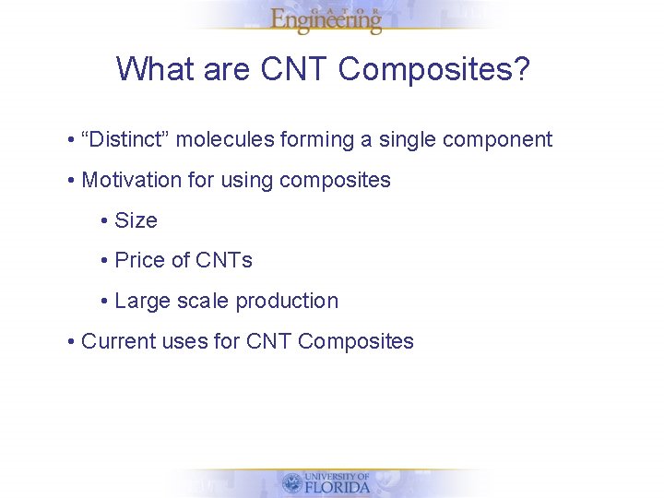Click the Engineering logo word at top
coord(326,21)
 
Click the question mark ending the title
coord(522,69)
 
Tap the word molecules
coord(224,139)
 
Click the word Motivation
coord(132,180)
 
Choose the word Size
coord(136,220)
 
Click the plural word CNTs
coord(224,260)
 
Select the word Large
coord(142,302)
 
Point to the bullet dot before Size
coord(105,221)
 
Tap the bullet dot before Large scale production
coord(105,302)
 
